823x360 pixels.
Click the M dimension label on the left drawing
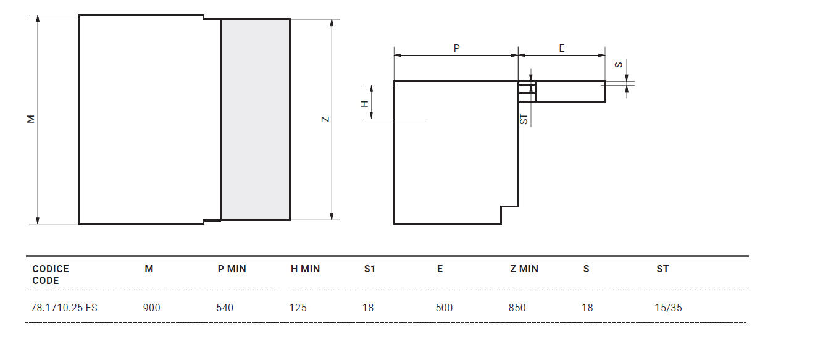[30, 119]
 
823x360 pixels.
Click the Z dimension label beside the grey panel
[325, 119]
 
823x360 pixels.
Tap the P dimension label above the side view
[457, 48]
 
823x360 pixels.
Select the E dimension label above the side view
[562, 48]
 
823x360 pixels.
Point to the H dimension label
[365, 103]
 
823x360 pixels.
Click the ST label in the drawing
[524, 119]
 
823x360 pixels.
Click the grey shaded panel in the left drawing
[255, 119]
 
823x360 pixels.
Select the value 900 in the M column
[151, 308]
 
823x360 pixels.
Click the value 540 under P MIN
[225, 308]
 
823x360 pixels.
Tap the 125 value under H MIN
[298, 308]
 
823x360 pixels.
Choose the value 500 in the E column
[444, 308]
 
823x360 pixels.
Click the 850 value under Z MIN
[517, 308]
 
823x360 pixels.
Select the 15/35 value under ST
[669, 308]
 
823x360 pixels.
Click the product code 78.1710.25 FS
[64, 308]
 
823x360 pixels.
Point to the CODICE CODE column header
[50, 275]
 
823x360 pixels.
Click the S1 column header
[369, 269]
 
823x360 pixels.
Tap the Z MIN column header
[524, 269]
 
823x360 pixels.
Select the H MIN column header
[305, 269]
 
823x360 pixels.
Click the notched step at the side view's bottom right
[509, 214]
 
